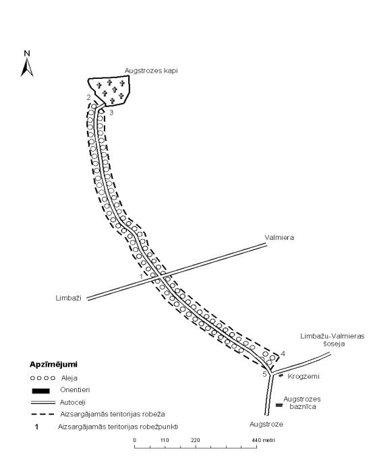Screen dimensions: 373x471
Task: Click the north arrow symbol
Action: pos(27,67)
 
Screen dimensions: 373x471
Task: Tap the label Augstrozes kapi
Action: pos(151,71)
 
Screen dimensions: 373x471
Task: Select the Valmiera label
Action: pos(279,238)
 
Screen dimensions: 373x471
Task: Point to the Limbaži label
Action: pos(69,298)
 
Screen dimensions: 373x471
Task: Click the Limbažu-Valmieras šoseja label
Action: pos(332,340)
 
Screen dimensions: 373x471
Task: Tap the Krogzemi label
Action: pos(304,377)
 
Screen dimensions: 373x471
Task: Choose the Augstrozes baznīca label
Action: pos(302,403)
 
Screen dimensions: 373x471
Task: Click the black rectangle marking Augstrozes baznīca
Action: pos(279,405)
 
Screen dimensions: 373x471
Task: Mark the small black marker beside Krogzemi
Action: pos(281,375)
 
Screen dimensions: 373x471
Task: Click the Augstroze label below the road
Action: pos(266,424)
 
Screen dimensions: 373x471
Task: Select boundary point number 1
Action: pos(141,276)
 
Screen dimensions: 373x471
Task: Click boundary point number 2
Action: pos(88,97)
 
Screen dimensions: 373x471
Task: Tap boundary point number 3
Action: pos(111,113)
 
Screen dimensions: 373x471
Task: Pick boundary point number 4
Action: pos(283,354)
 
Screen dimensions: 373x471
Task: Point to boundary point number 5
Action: pos(264,374)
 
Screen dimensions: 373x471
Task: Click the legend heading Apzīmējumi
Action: pos(53,365)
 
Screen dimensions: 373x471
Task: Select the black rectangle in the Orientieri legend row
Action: pos(40,391)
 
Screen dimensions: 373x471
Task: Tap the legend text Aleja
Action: pos(69,378)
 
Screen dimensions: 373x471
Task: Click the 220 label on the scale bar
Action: pos(195,441)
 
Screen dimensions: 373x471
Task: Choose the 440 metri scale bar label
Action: pos(263,441)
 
